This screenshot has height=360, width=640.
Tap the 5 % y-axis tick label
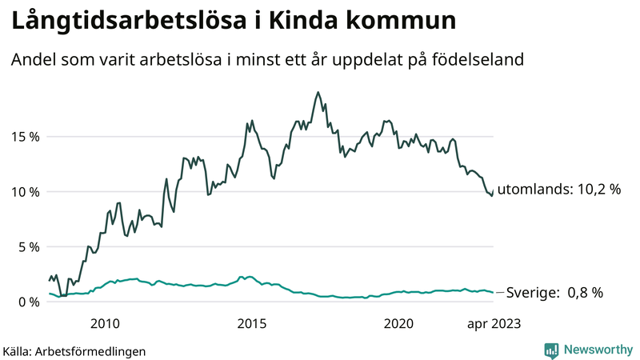click(29, 247)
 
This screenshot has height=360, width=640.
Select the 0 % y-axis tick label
click(29, 302)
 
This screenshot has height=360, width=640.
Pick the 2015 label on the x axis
click(252, 323)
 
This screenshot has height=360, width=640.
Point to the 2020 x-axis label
click(398, 323)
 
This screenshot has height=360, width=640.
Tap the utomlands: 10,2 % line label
click(558, 190)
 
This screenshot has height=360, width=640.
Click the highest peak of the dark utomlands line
click(318, 92)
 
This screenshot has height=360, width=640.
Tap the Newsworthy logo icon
click(551, 350)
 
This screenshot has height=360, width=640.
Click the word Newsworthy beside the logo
click(596, 350)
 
